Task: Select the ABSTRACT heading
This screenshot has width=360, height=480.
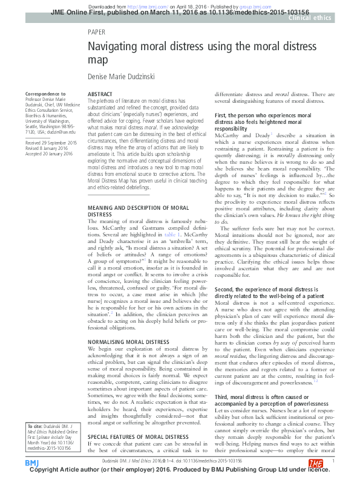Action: coord(100,95)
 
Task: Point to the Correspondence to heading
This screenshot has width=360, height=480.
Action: coord(45,94)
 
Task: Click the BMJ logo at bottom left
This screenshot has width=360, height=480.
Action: coord(31,462)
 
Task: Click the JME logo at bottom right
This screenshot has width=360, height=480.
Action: coord(316,462)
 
